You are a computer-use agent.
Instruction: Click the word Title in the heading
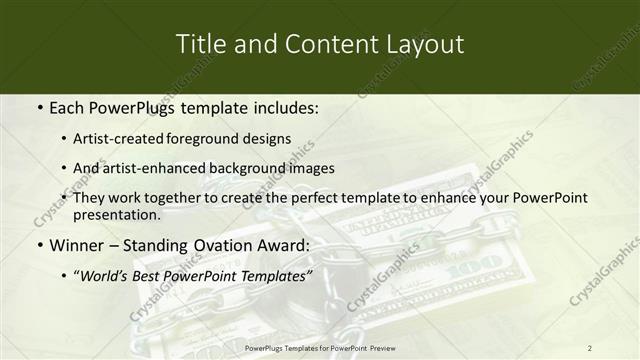point(198,44)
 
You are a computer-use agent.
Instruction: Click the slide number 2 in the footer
point(589,347)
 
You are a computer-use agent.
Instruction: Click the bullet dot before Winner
point(38,246)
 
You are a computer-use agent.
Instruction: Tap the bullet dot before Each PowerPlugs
point(38,107)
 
